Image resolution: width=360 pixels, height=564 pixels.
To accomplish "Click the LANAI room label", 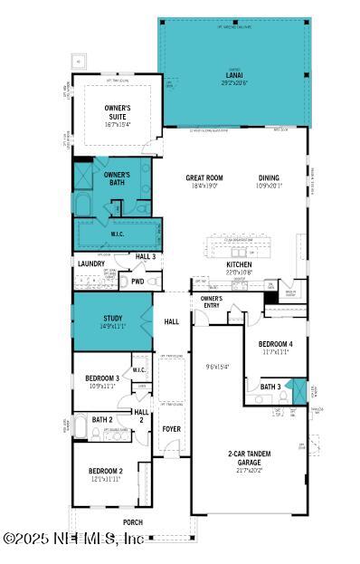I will coord(233,76).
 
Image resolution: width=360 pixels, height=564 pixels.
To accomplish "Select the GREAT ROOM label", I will coord(204,179).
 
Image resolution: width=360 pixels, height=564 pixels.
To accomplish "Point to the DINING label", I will coord(270,179).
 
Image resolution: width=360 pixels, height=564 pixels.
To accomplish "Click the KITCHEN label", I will coord(239,265).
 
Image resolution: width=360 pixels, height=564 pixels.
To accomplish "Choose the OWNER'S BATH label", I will coord(117,177).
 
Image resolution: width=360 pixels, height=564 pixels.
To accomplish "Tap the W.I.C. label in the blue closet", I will coord(117,233).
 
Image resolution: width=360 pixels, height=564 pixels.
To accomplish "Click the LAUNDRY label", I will coord(90,263).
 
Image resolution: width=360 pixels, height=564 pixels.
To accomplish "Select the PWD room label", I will coord(137,281).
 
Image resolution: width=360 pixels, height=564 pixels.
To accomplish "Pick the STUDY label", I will coord(112,318).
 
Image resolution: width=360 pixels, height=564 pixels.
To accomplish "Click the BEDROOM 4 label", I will coord(275,344).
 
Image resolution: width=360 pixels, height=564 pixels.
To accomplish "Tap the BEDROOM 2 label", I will coord(105,471).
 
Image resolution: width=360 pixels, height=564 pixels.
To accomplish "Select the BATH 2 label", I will coord(101,419).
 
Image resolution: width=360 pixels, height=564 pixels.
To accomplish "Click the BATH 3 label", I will coord(270,387).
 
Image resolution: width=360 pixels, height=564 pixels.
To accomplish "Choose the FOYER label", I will coord(171,429).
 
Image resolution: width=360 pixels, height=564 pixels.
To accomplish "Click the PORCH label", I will coord(133,522).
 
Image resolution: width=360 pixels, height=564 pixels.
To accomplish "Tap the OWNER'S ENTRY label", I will coord(211,301).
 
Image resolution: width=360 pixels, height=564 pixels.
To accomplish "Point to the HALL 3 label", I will coord(146,257).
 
